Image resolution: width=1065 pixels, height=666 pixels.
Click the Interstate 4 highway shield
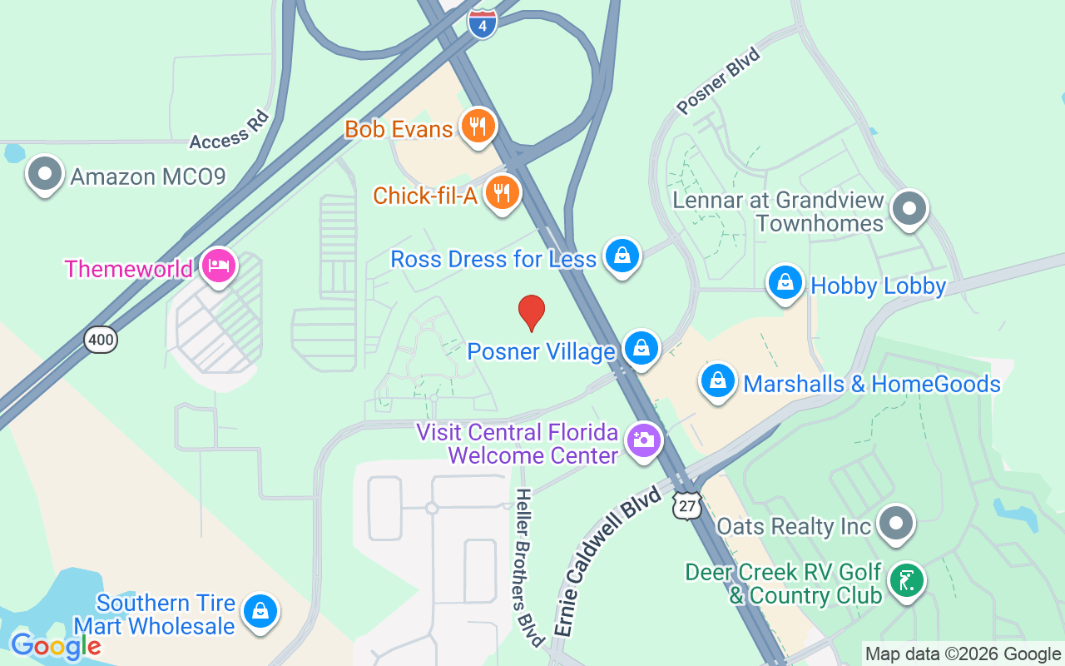pos(483,22)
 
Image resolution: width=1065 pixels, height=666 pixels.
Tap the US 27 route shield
pos(688,506)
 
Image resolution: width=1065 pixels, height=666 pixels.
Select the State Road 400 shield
pos(100,339)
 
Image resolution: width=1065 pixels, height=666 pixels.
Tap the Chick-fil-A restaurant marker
pos(502,193)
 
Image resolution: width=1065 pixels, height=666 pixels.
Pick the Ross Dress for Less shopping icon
pos(622,256)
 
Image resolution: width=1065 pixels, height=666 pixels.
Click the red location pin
pos(531,312)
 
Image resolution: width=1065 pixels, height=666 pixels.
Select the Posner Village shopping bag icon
pos(641,348)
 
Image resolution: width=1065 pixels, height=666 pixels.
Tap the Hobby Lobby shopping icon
pos(785,283)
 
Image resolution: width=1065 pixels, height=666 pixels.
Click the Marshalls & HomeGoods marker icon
pos(717,381)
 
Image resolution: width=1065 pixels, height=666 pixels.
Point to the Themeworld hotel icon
pos(219,266)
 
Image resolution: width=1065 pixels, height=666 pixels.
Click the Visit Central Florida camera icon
pos(643,439)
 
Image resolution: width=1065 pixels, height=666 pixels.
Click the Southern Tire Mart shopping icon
pos(260,612)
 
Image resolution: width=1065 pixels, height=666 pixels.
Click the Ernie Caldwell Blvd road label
pos(608,563)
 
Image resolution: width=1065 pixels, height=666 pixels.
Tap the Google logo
pos(56,646)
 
